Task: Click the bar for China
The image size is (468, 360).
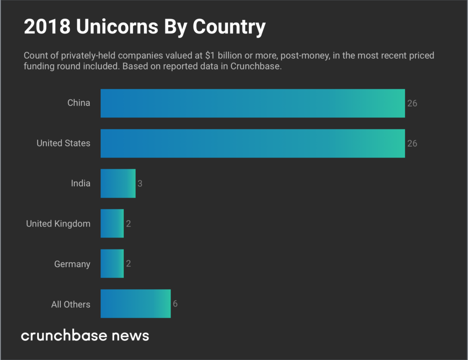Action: point(252,103)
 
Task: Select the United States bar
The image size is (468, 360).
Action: point(252,143)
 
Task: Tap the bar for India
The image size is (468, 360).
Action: point(118,184)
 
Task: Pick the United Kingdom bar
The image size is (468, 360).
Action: point(112,224)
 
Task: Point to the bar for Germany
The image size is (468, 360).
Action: point(112,264)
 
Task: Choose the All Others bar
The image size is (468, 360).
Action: point(135,304)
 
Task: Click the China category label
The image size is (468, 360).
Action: point(79,103)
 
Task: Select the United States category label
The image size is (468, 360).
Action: point(64,143)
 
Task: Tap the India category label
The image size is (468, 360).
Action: point(80,184)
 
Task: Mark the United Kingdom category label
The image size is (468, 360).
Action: point(58,224)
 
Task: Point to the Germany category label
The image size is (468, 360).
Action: point(72,264)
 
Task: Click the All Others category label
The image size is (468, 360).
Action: point(71,304)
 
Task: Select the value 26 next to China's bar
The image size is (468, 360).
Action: point(412,103)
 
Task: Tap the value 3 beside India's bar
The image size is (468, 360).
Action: point(140,184)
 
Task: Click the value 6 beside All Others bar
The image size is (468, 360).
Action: point(175,304)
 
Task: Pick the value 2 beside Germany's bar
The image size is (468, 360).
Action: point(128,264)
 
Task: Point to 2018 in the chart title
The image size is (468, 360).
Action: point(47,27)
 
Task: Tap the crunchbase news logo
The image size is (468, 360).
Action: point(85,336)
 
